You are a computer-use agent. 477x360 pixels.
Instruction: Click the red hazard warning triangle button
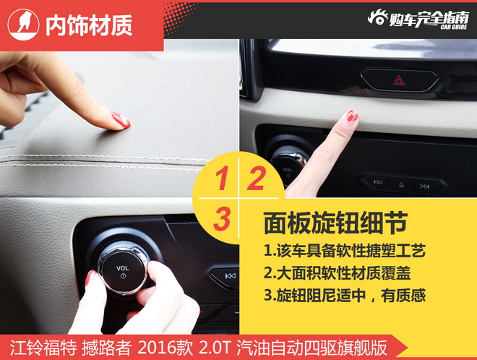tap(399, 80)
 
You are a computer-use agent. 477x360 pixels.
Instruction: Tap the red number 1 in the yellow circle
tap(222, 179)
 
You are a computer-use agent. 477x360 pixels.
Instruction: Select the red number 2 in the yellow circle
tap(255, 179)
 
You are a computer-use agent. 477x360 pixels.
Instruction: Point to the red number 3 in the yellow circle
tap(222, 219)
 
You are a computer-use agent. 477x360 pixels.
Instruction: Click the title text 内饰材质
tap(89, 25)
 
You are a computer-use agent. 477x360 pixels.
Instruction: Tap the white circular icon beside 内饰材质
tap(23, 25)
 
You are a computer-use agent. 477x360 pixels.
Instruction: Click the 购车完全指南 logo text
tap(427, 18)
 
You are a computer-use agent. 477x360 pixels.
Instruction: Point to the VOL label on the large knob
tap(123, 267)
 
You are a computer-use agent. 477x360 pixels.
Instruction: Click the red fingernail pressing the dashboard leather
tap(121, 120)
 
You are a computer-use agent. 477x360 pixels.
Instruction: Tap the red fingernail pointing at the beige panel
tap(352, 116)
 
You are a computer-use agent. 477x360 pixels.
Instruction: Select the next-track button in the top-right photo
tap(425, 186)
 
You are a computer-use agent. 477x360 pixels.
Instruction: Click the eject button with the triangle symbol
tap(400, 185)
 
